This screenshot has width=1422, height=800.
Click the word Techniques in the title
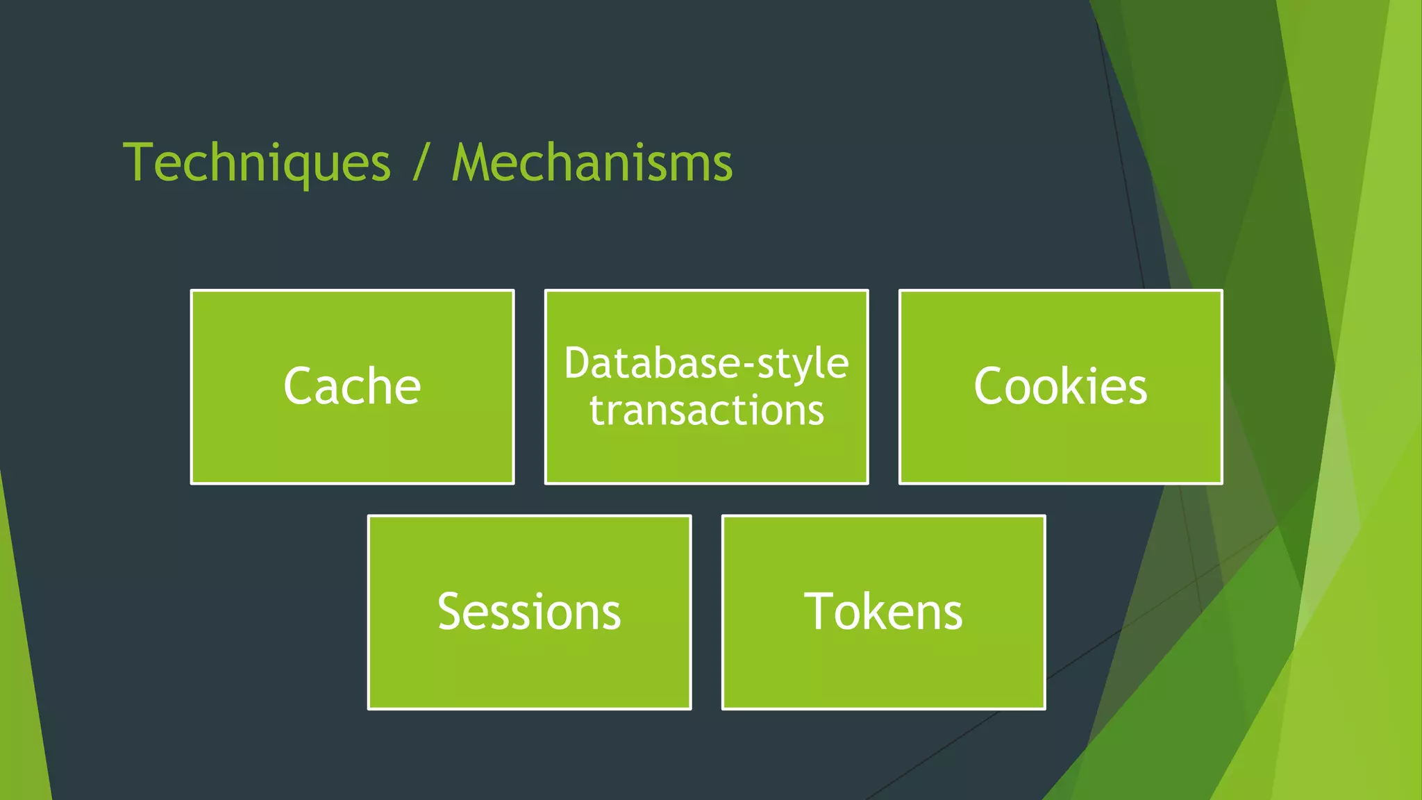click(257, 163)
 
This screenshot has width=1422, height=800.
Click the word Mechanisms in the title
click(592, 163)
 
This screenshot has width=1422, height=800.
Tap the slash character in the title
click(420, 163)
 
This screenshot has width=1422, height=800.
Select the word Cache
click(352, 386)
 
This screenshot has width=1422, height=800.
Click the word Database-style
click(706, 363)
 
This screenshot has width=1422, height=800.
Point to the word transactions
click(706, 410)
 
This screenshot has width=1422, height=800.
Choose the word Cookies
click(1060, 386)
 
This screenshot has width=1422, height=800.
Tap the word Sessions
click(529, 612)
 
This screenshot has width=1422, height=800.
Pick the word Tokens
click(883, 612)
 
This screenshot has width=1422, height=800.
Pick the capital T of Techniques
click(138, 163)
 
